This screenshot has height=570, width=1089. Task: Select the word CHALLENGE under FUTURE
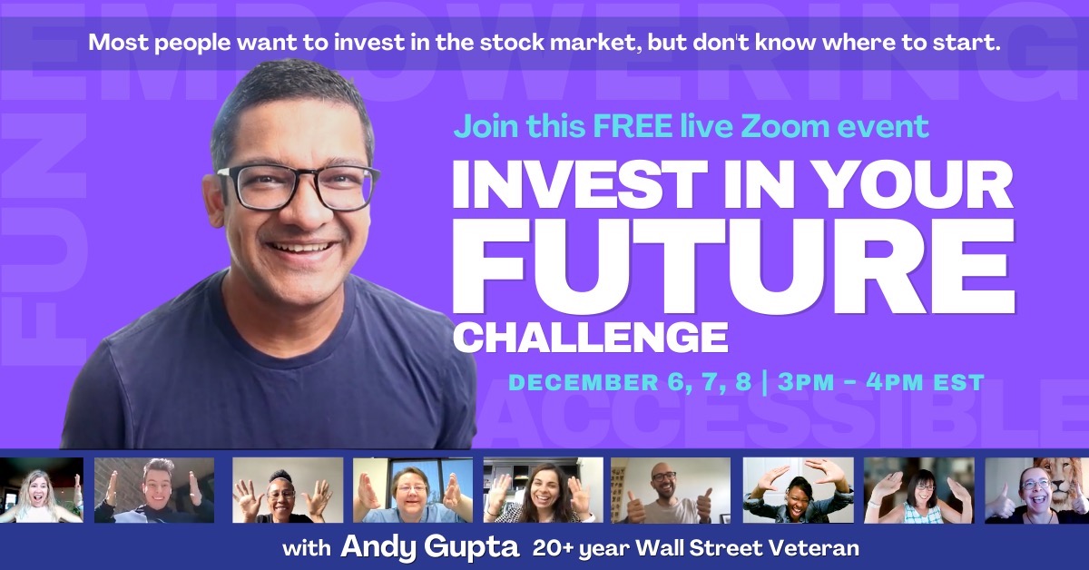point(590,338)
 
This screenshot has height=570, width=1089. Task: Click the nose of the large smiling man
point(294,205)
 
